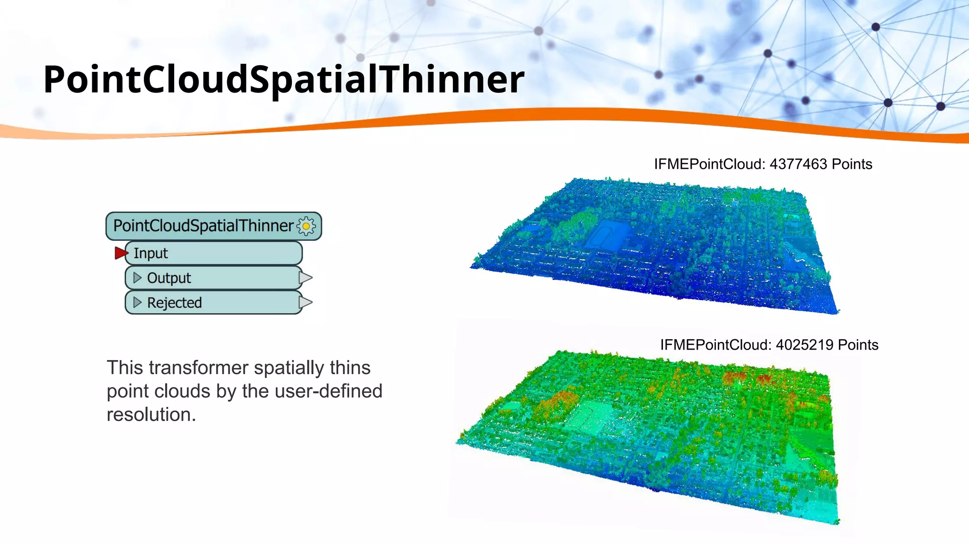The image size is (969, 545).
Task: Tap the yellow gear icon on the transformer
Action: [306, 226]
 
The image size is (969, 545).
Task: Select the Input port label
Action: [150, 254]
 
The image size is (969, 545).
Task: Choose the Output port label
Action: [169, 278]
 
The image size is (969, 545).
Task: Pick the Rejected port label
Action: [174, 303]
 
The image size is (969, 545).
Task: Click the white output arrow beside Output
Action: [306, 278]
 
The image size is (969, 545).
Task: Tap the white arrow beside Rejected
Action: [306, 302]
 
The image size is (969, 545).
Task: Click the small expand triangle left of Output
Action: [137, 278]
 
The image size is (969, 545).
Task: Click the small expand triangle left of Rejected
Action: [137, 302]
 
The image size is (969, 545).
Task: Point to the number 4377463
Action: [798, 164]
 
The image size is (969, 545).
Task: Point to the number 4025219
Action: [804, 345]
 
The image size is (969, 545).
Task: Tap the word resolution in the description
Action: [151, 415]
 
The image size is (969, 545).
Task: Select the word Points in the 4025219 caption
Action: [857, 345]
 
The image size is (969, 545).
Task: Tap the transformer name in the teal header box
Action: [203, 226]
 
